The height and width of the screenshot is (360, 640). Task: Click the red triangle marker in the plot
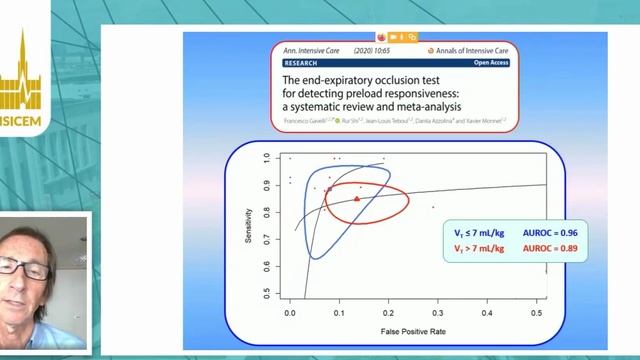point(357,199)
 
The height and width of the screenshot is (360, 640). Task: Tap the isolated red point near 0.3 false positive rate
point(433,207)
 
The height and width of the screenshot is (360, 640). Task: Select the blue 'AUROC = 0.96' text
point(549,233)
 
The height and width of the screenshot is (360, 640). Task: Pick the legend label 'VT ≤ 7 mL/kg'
point(480,233)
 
